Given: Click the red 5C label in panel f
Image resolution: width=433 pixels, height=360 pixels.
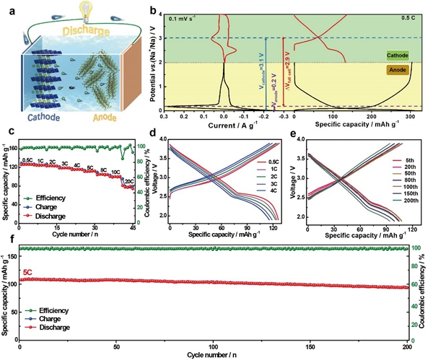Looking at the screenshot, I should [x=30, y=273].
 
